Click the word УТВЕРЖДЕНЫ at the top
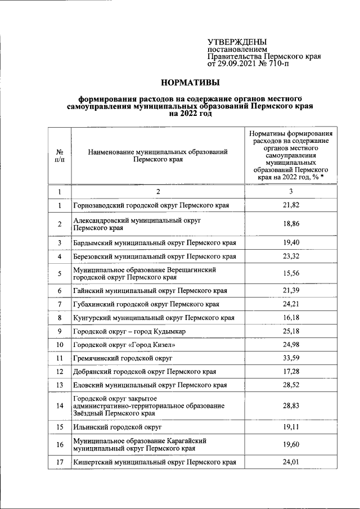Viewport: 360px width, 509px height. click(237, 42)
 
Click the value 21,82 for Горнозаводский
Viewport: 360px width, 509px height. click(291, 205)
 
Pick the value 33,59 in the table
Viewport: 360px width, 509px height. click(291, 358)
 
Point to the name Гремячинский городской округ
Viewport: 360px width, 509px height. click(122, 358)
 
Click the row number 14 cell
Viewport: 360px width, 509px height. click(59, 406)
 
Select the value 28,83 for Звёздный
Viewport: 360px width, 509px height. click(291, 406)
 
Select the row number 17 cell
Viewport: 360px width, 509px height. click(59, 462)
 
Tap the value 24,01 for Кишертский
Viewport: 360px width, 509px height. click(291, 462)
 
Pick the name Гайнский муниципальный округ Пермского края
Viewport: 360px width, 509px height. click(150, 291)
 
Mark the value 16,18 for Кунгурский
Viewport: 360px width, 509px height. click(291, 318)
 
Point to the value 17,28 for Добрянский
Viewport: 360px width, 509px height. click(291, 372)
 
